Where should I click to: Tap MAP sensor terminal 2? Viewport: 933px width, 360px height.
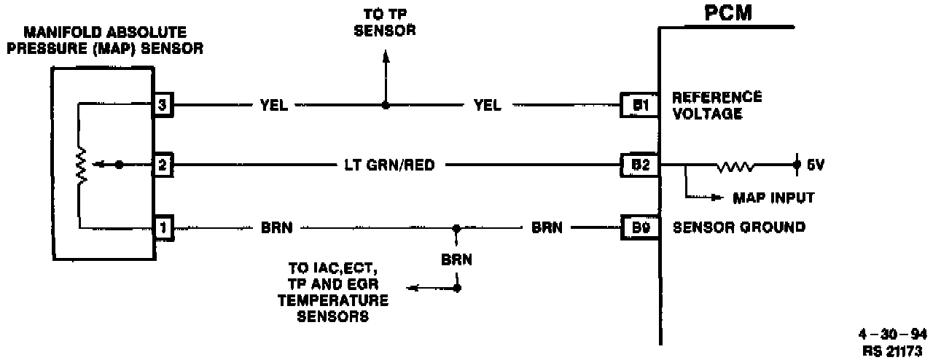(x=161, y=165)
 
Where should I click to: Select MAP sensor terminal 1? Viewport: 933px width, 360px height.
(x=161, y=228)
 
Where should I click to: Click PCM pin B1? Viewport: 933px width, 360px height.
(x=639, y=106)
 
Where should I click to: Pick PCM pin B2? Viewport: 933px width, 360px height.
(x=639, y=165)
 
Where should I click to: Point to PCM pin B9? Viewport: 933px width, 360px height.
(x=639, y=228)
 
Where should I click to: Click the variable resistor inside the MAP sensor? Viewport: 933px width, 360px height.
(x=82, y=165)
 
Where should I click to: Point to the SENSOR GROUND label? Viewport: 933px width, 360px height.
(x=738, y=228)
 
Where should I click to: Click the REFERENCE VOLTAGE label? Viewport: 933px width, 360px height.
(x=717, y=105)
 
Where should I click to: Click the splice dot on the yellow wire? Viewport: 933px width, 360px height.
(x=386, y=106)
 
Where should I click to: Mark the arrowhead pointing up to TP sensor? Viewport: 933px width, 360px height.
(x=386, y=58)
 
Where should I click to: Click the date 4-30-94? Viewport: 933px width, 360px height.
(x=895, y=335)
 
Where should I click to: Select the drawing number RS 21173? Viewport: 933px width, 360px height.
(x=895, y=349)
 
